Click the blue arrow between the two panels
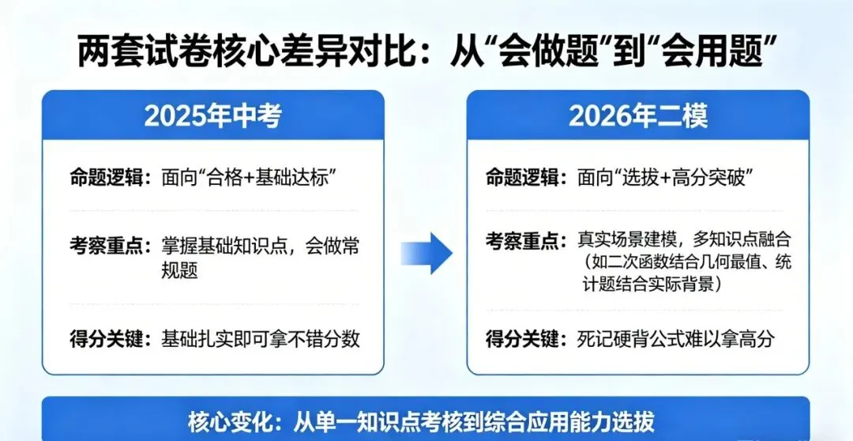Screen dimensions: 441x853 point(427,254)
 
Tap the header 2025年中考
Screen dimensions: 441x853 point(212,115)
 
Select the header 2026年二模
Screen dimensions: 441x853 point(638,115)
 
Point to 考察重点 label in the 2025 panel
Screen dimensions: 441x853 point(107,246)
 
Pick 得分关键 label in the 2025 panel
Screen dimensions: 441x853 point(107,338)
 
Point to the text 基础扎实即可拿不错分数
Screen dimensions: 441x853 point(261,338)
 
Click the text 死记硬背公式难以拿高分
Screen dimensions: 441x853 point(676,339)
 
